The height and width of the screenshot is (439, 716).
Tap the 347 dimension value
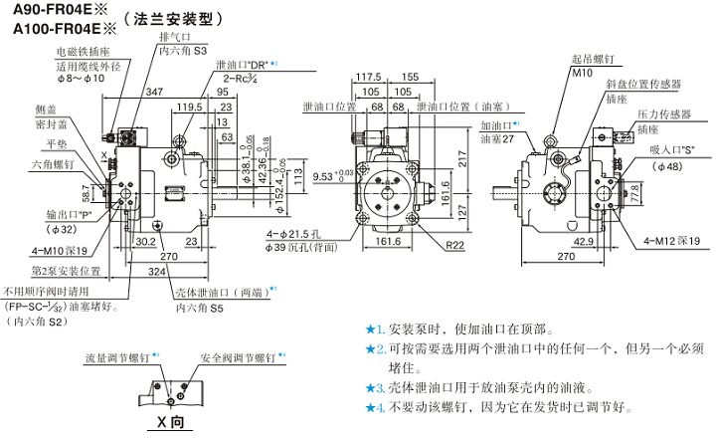(x=155, y=92)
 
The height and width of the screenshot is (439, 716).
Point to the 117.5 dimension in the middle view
(x=369, y=77)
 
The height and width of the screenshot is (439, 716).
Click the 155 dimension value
(x=410, y=77)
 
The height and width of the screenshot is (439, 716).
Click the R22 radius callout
(x=455, y=245)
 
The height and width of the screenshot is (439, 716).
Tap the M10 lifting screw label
(x=582, y=73)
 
